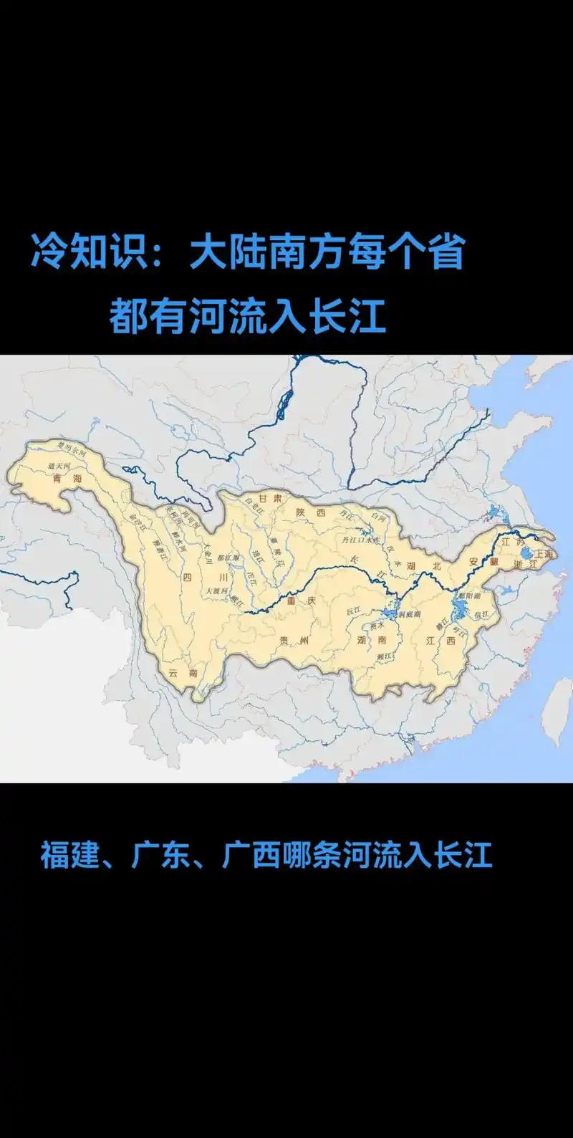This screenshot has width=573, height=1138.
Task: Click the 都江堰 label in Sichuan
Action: tap(228, 557)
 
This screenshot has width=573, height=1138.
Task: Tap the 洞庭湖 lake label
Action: tap(409, 614)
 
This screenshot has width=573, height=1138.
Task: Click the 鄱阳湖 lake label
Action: tap(470, 596)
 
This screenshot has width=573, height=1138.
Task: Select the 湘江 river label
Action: tap(384, 656)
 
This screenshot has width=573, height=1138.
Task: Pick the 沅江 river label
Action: tap(354, 611)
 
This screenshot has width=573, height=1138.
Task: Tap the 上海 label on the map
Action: tap(544, 554)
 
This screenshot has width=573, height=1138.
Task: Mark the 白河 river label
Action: tap(379, 516)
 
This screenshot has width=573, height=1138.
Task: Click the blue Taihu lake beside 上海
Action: tap(527, 554)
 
